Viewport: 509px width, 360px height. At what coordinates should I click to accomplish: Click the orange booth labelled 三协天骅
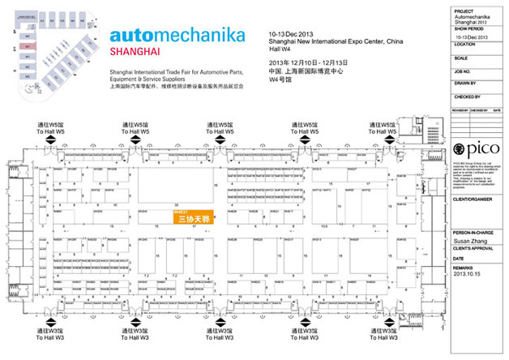point(193,217)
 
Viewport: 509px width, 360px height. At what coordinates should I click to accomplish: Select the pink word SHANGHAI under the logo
point(133,53)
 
